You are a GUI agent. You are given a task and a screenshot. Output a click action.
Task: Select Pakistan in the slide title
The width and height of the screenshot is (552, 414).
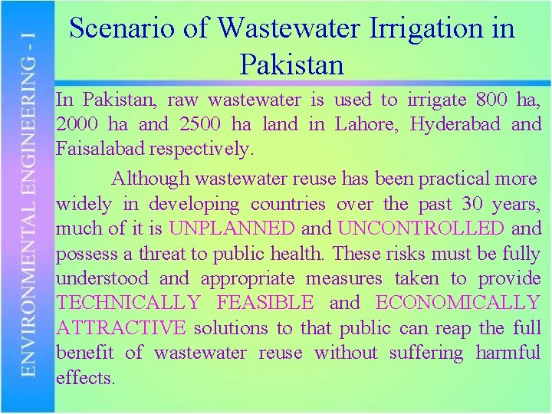coord(292,64)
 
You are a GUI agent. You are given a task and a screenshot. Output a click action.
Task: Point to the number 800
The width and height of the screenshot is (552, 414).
coord(491,100)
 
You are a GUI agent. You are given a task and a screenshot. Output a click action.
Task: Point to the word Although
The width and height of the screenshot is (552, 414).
coord(150,179)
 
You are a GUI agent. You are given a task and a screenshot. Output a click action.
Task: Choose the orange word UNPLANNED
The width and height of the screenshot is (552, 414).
coord(231,228)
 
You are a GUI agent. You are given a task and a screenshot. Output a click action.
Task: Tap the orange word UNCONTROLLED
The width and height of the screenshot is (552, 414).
coord(420,228)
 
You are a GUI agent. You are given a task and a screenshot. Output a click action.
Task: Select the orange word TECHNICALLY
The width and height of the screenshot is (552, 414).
coord(128,303)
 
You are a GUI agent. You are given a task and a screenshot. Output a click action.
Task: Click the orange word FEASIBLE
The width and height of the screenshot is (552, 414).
coord(265,303)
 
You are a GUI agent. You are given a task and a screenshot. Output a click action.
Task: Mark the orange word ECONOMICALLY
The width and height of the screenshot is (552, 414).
coord(458,303)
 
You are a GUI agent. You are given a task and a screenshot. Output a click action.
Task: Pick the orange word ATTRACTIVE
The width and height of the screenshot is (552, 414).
coord(120,328)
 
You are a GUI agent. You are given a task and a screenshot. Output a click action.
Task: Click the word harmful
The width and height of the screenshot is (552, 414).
coord(508,353)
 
